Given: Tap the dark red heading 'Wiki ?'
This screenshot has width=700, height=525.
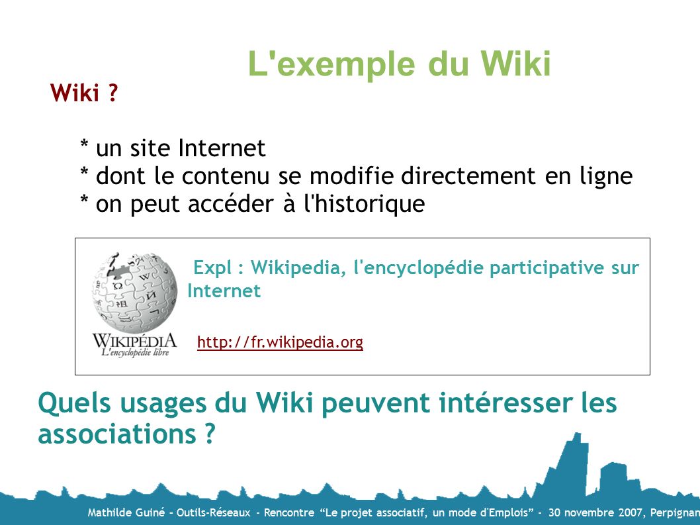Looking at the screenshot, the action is tap(84, 93).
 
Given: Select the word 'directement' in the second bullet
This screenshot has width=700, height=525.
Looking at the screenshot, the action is tap(468, 175).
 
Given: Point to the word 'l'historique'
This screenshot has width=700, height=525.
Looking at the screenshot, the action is tap(365, 204).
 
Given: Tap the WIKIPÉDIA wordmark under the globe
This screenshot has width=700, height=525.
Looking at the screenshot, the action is tap(134, 341).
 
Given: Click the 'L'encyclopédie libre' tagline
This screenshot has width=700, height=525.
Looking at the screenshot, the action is tap(135, 352).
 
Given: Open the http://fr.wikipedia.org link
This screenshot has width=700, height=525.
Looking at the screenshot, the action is tap(280, 342).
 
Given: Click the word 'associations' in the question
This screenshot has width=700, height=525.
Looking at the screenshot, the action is tap(117, 434).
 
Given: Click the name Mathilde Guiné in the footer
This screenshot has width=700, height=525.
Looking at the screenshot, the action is tap(126, 512).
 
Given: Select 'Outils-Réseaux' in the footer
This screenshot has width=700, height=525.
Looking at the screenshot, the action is tap(214, 512).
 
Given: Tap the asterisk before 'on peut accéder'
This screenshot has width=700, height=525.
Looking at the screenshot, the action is tap(85, 199).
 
